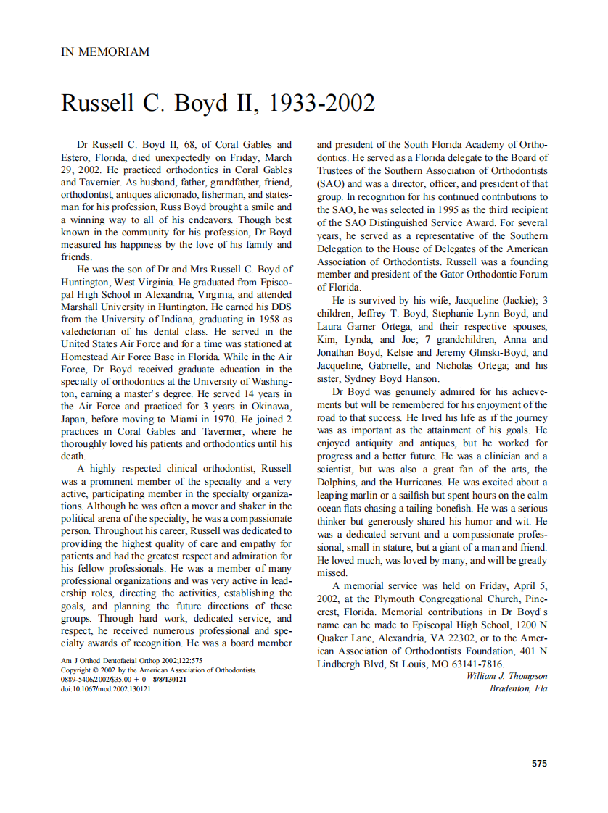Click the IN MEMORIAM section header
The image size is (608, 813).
pyautogui.click(x=105, y=51)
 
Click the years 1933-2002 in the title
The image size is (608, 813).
pyautogui.click(x=321, y=104)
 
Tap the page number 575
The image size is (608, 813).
pyautogui.click(x=539, y=763)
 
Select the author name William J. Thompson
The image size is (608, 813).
pyautogui.click(x=506, y=676)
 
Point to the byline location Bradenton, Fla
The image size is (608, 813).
pyautogui.click(x=518, y=688)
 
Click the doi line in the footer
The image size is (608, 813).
pyautogui.click(x=106, y=689)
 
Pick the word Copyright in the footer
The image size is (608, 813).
pyautogui.click(x=75, y=670)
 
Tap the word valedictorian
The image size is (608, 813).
pyautogui.click(x=92, y=331)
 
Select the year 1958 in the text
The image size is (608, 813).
pyautogui.click(x=267, y=319)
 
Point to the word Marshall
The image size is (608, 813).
pyautogui.click(x=80, y=307)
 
